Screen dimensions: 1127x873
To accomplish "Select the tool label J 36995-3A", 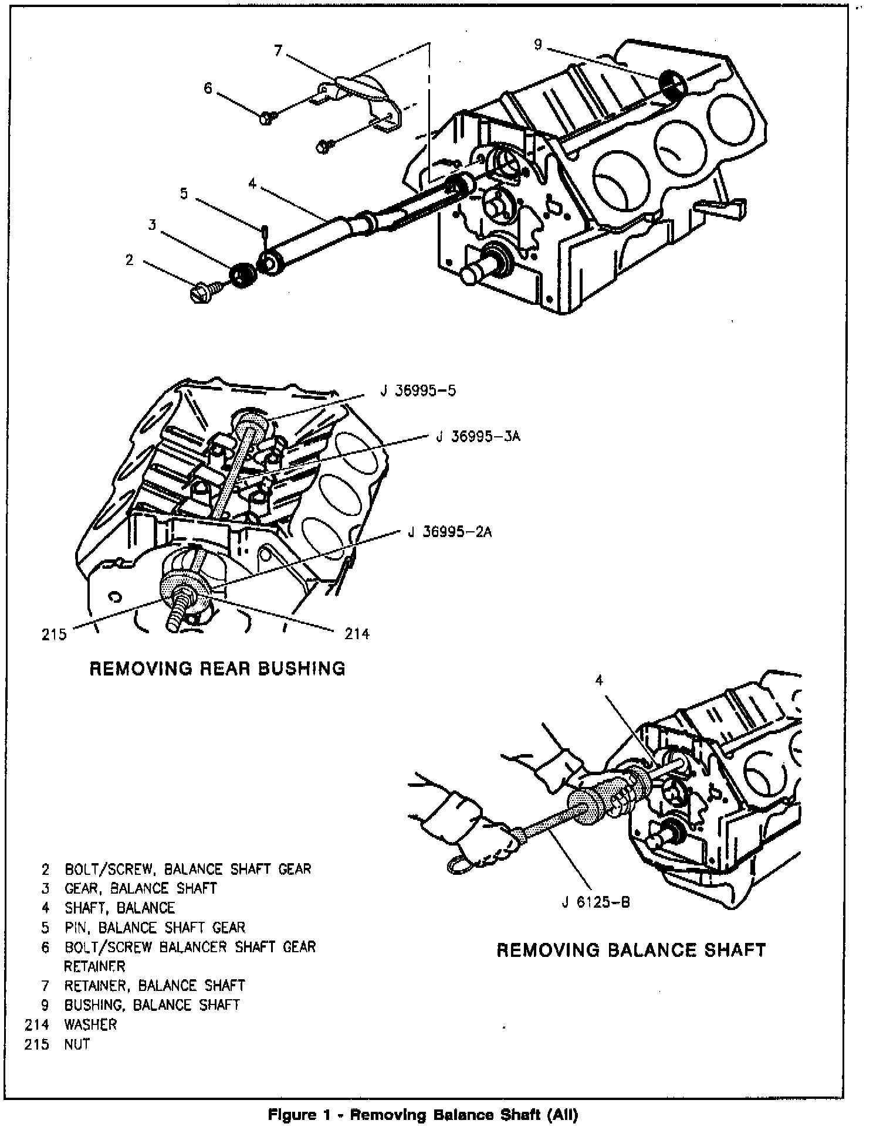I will pos(478,437).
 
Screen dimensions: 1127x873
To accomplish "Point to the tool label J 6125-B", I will pos(595,918).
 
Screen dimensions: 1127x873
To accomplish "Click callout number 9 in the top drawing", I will pos(538,45).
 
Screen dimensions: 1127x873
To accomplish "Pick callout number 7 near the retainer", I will pos(279,51).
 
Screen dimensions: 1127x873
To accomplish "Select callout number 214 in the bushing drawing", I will pos(357,633).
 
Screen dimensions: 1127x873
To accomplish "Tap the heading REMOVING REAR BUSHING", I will pos(217,668).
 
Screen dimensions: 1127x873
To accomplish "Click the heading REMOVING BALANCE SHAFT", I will pos(631,950).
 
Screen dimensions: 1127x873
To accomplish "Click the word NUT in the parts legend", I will pos(77,1044).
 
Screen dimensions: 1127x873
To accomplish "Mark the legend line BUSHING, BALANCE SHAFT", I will pos(152,1005).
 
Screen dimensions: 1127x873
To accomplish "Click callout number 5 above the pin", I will pos(184,194).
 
